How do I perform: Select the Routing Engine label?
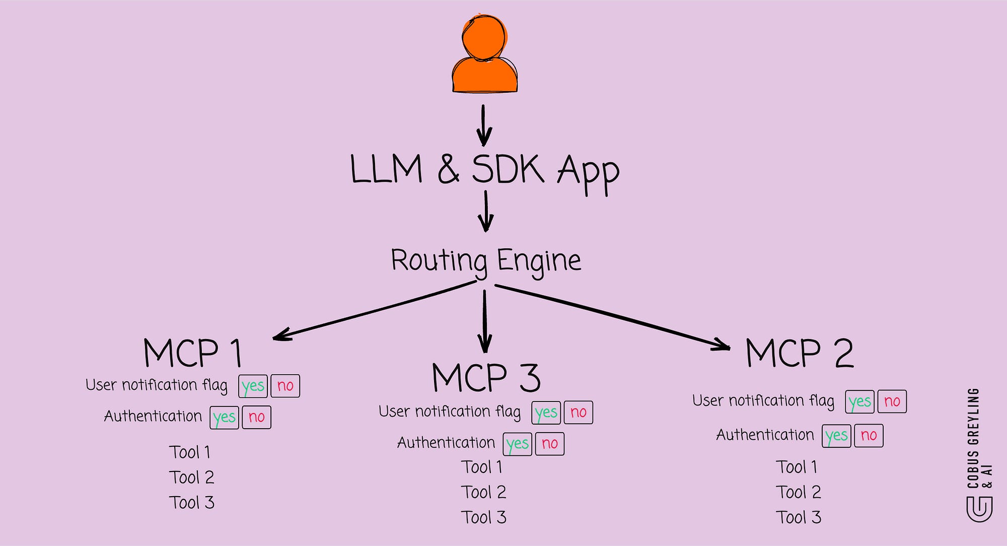click(x=486, y=261)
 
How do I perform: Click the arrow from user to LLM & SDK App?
click(x=484, y=125)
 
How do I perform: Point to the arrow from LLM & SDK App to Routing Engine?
click(x=486, y=211)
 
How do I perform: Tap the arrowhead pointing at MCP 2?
click(x=722, y=345)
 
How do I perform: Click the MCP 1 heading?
click(x=193, y=353)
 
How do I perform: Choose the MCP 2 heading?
click(x=800, y=353)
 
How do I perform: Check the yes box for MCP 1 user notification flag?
click(x=253, y=386)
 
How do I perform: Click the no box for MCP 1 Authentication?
click(x=256, y=417)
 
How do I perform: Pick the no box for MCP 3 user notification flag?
click(x=578, y=413)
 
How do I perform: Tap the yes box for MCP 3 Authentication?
click(x=518, y=444)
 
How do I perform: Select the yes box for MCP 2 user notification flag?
click(x=859, y=401)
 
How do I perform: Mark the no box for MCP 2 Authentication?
click(x=869, y=436)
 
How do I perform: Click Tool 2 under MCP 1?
click(x=192, y=477)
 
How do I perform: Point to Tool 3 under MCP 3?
click(x=484, y=518)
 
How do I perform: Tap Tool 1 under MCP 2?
click(x=797, y=467)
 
